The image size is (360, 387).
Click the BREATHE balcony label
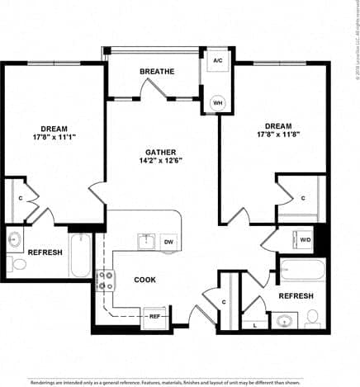(156, 72)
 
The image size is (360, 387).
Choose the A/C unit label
(218, 61)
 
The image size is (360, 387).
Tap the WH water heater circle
(218, 103)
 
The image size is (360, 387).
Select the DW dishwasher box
(168, 242)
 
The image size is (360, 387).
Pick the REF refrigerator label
(154, 316)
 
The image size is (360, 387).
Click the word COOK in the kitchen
(145, 280)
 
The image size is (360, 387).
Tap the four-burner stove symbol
(106, 281)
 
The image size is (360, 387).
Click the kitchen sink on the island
(146, 241)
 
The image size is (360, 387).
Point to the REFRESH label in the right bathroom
(295, 295)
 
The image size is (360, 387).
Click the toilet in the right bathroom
(313, 318)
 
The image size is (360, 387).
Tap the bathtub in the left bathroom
(81, 255)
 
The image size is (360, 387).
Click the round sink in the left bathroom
(14, 241)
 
